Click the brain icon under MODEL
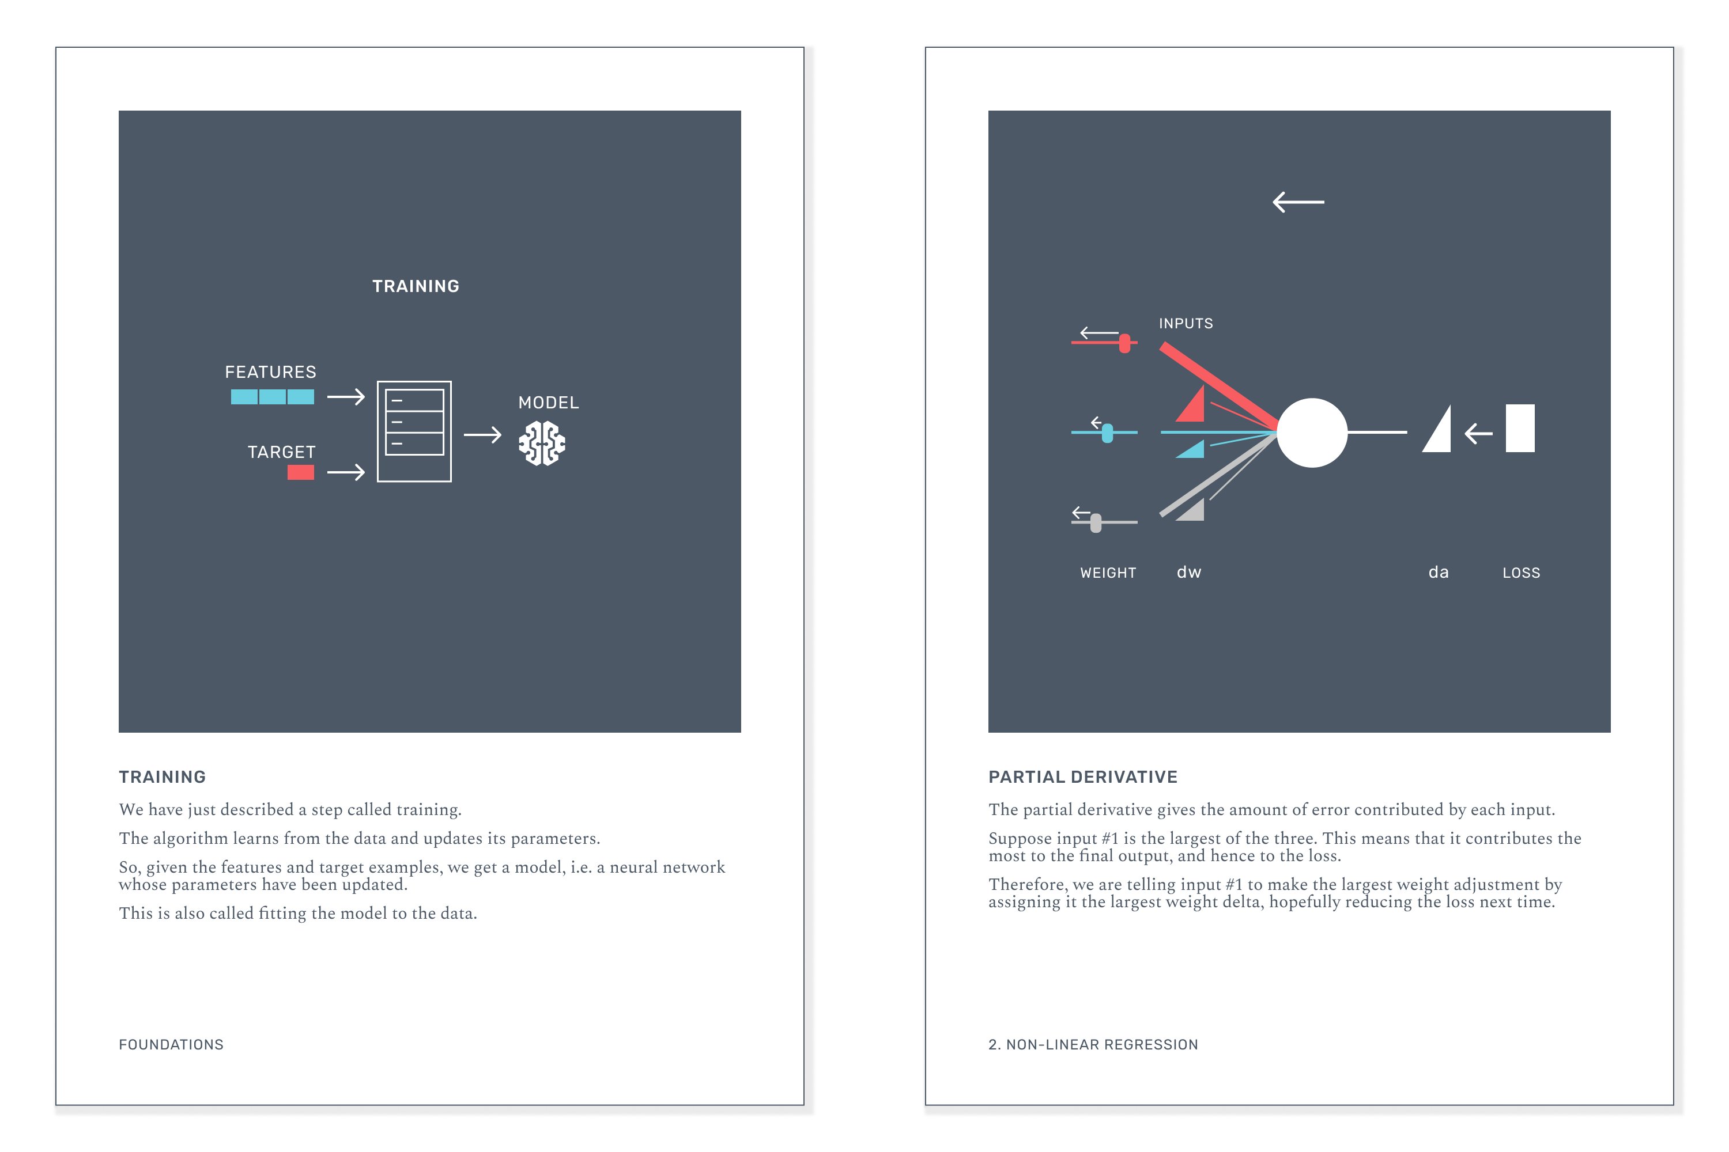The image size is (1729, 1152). pyautogui.click(x=542, y=443)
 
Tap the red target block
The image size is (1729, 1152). pyautogui.click(x=301, y=472)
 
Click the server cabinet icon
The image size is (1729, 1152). pyautogui.click(x=414, y=431)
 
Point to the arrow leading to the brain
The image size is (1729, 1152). pyautogui.click(x=482, y=435)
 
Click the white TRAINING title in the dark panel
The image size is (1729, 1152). pyautogui.click(x=416, y=286)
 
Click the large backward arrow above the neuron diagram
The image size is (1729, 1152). pyautogui.click(x=1298, y=202)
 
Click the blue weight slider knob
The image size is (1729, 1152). pyautogui.click(x=1107, y=434)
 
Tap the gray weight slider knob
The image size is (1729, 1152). pyautogui.click(x=1096, y=522)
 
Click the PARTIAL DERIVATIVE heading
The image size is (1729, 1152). pyautogui.click(x=1083, y=776)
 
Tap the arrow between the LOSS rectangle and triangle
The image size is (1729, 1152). pyautogui.click(x=1478, y=434)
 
